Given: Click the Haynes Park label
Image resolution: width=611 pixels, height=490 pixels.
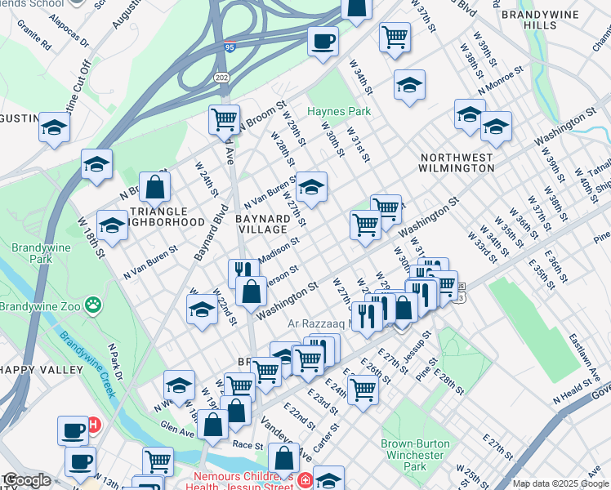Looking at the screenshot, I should (338, 111).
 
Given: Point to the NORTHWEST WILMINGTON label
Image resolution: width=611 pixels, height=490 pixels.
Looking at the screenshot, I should (457, 162).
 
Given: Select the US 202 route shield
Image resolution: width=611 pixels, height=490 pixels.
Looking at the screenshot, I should (223, 76).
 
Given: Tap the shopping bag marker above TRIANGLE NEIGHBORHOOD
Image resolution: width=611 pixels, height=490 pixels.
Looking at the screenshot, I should (154, 187).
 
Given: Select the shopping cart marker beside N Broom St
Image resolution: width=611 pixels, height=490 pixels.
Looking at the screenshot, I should (224, 119).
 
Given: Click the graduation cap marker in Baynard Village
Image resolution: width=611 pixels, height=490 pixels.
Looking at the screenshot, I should (310, 188).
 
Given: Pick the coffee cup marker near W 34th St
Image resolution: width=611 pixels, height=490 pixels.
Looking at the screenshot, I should (323, 40).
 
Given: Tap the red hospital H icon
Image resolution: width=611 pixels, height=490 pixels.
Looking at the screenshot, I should (94, 425).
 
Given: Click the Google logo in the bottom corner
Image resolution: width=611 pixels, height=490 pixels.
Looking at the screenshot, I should (26, 480).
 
